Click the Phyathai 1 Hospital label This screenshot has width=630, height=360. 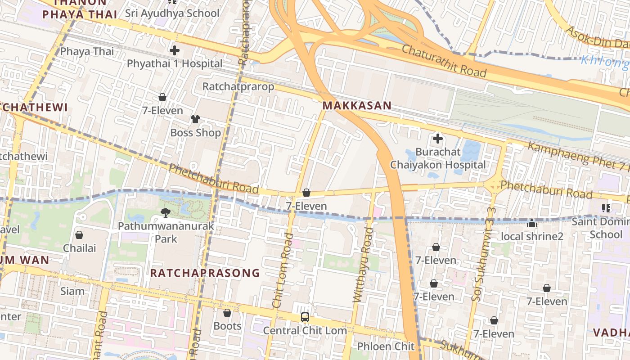(x=175, y=63)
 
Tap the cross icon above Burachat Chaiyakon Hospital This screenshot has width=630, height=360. (x=437, y=138)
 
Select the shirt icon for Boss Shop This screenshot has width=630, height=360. (x=195, y=119)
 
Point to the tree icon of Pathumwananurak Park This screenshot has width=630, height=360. (x=166, y=212)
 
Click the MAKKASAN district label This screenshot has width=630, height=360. (x=357, y=106)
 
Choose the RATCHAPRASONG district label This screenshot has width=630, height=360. (x=205, y=273)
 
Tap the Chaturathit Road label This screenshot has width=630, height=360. (x=444, y=61)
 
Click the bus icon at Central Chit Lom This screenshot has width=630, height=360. (x=305, y=317)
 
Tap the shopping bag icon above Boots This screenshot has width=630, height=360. (x=227, y=313)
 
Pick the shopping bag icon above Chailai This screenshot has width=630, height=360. (x=79, y=235)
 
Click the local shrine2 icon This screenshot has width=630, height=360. (x=532, y=223)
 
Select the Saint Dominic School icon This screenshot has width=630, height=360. (x=606, y=208)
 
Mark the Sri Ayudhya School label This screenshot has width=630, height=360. (x=172, y=13)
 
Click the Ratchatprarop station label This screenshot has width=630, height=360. (x=238, y=86)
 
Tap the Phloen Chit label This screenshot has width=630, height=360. (x=386, y=346)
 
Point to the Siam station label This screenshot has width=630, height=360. (x=72, y=291)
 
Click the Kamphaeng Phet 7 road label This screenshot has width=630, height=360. (x=578, y=155)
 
